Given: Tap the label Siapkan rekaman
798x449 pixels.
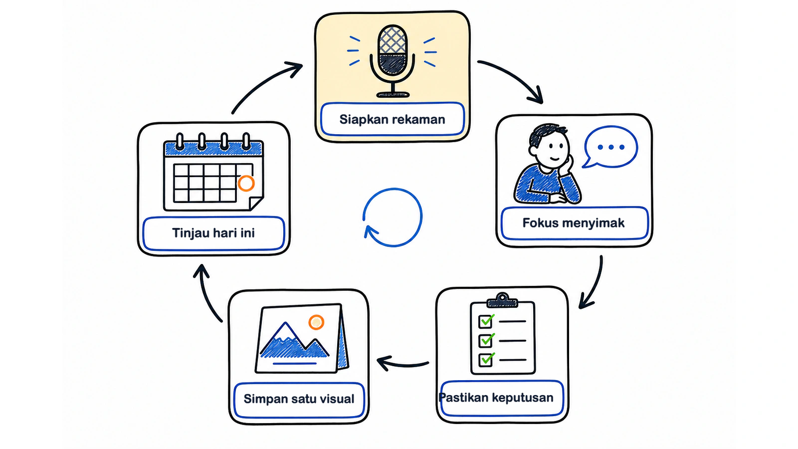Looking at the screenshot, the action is (x=392, y=119).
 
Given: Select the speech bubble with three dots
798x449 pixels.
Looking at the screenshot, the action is (x=610, y=147).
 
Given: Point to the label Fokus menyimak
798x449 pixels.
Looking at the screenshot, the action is (x=573, y=223).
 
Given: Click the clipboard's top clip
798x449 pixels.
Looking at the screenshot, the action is (x=502, y=300).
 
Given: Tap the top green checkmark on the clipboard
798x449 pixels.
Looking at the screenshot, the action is (x=487, y=321).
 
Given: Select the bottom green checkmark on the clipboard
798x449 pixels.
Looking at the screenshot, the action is (x=487, y=359).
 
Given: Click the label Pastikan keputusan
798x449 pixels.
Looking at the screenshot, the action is (x=496, y=397).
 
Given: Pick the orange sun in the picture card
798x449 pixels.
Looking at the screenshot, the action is (x=316, y=322).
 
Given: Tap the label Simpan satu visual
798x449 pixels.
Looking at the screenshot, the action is (x=299, y=399).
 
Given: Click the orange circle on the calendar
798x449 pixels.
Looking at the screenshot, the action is (x=246, y=184).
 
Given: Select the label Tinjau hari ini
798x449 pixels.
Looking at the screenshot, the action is (x=213, y=233).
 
